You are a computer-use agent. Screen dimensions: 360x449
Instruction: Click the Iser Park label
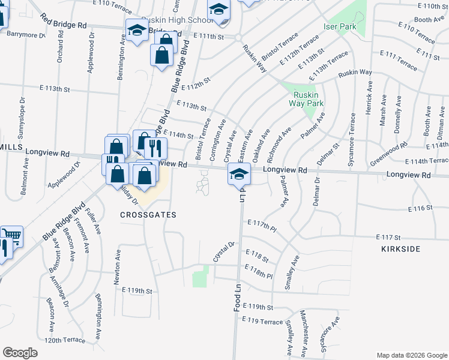[x=340, y=27]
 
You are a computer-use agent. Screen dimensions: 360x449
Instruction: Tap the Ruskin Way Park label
[x=307, y=99]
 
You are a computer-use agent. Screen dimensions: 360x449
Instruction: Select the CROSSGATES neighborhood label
[x=148, y=215]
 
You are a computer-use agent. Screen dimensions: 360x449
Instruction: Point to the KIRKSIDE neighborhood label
[x=401, y=248]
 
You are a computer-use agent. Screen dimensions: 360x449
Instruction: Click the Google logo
[x=20, y=353]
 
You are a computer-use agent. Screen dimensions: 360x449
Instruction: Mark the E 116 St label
[x=420, y=208]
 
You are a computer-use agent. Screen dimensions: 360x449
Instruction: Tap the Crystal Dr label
[x=223, y=252]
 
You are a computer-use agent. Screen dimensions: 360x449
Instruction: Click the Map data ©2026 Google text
[x=412, y=355]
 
